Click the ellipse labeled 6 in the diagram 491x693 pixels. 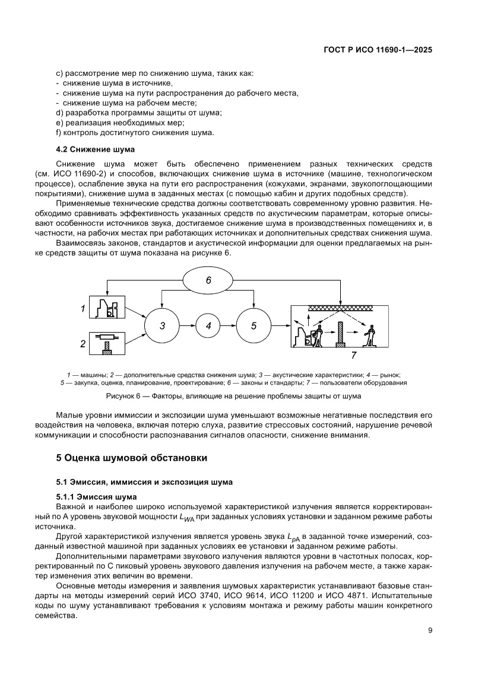(x=208, y=281)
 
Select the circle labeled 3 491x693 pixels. (x=161, y=325)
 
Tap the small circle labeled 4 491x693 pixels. (x=208, y=325)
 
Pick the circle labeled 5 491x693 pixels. (x=254, y=325)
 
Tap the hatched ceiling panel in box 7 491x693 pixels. (x=340, y=309)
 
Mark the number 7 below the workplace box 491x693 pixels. (x=353, y=356)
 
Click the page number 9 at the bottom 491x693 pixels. (x=430, y=630)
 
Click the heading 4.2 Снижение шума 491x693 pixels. (x=95, y=149)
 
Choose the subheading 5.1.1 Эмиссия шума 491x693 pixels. (x=96, y=496)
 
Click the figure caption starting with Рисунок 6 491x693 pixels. (x=233, y=395)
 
